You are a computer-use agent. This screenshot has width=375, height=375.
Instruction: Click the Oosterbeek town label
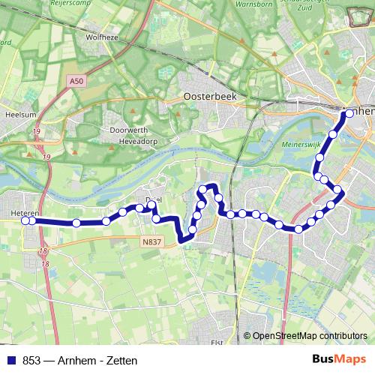pos(211,97)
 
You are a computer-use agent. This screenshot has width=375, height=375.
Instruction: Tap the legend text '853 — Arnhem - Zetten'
pos(73,360)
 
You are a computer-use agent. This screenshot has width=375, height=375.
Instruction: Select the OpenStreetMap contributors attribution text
pos(310,336)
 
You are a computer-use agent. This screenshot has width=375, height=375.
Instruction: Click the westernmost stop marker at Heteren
pos(25,220)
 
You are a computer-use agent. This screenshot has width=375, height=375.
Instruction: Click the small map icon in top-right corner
pos(361,14)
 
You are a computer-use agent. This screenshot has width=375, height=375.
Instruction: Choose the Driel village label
pos(153,198)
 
